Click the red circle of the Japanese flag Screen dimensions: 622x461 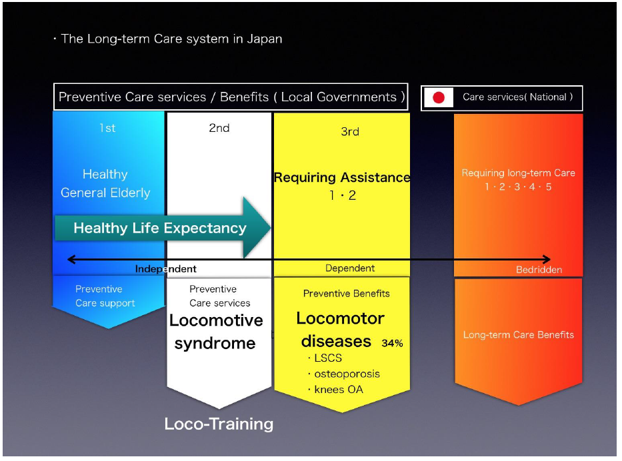(439, 97)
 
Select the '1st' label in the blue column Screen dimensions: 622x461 (107, 128)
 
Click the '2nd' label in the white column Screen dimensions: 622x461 (219, 128)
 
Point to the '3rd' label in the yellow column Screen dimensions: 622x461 (350, 132)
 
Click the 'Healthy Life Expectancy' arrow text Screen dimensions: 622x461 (160, 228)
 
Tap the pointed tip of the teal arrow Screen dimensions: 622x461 (271, 228)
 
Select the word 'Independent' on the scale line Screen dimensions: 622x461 (165, 268)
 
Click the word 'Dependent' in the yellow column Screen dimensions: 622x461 (350, 268)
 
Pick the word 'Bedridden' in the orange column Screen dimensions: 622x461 (539, 270)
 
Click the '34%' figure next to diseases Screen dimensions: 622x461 (392, 343)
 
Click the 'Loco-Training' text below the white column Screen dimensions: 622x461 (219, 424)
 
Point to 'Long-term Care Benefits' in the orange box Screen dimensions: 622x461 (519, 335)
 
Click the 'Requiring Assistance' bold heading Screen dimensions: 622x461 (342, 177)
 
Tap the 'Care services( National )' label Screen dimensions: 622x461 (518, 97)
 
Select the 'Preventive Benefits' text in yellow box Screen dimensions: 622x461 (346, 293)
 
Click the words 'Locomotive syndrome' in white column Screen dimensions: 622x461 (216, 332)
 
